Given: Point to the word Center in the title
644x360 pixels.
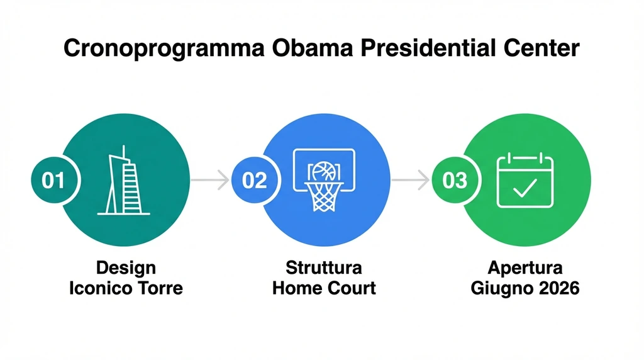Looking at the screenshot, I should point(542,48).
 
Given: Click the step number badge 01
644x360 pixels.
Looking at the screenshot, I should point(53,181).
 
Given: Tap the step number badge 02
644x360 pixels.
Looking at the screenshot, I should point(255,181).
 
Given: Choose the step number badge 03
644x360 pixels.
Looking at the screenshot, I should point(455,181).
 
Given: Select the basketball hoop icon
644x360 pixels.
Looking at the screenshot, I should point(325,179).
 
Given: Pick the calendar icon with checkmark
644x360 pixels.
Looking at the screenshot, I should point(525,181).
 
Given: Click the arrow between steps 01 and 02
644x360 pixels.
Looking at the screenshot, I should point(210,181).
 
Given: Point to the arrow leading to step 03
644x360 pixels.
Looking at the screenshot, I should point(410,181).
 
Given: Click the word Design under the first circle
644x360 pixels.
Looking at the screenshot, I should point(126,267).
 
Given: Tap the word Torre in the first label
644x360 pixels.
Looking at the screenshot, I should point(162,288).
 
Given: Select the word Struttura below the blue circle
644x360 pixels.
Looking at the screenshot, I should point(324,267).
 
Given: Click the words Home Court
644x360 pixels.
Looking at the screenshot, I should point(324,288).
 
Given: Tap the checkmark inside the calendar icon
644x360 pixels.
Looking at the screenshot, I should point(525,188).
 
